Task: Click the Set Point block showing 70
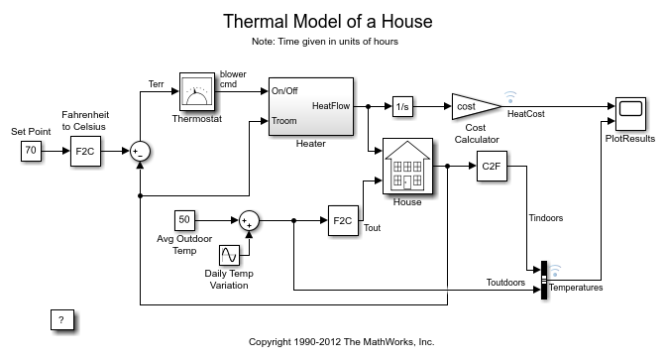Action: (x=31, y=151)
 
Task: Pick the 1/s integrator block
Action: (x=401, y=105)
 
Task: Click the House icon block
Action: (x=406, y=168)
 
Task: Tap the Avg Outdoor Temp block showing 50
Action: (x=183, y=219)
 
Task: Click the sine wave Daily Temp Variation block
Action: (x=230, y=255)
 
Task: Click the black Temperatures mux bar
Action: (x=543, y=278)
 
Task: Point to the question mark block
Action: (x=61, y=319)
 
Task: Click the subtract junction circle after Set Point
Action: (x=140, y=151)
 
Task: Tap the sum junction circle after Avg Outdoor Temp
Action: (x=250, y=220)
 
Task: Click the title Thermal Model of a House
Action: (x=332, y=21)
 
